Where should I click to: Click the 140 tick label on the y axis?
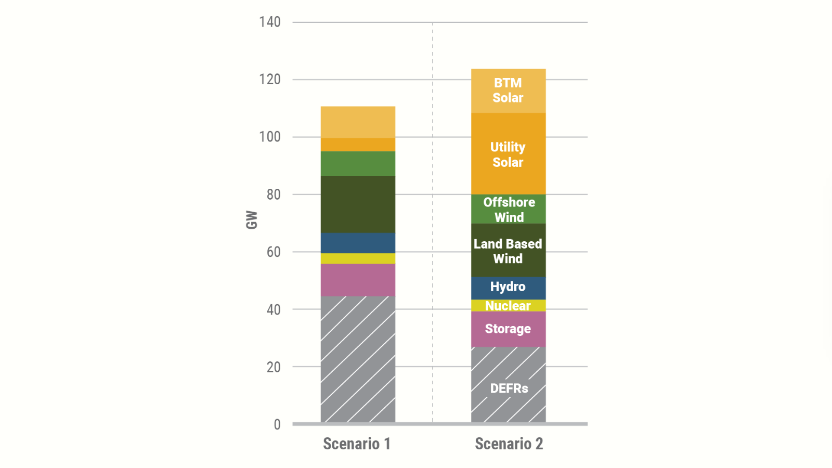[x=269, y=22]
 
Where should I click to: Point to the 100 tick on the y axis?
[x=269, y=137]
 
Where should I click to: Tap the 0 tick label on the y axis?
[x=277, y=424]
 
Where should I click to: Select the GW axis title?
[x=252, y=219]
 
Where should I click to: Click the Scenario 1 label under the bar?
[x=357, y=444]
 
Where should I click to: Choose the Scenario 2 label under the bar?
[x=509, y=444]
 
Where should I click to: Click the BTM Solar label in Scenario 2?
[x=508, y=90]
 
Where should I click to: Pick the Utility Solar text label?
[x=508, y=154]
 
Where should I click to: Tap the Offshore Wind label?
[x=509, y=210]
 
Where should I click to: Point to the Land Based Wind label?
[x=508, y=251]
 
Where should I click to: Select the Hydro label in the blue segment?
[x=508, y=287]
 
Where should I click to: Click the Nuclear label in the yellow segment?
[x=508, y=306]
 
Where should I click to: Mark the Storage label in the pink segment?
[x=508, y=329]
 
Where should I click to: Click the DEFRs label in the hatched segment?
[x=509, y=388]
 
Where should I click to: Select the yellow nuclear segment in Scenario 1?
[x=358, y=258]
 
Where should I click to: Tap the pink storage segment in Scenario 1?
[x=358, y=280]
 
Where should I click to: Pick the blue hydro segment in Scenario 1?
[x=358, y=243]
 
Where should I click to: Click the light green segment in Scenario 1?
[x=358, y=163]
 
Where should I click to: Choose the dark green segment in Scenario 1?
[x=358, y=204]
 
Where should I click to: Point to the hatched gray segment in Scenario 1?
[x=358, y=359]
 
